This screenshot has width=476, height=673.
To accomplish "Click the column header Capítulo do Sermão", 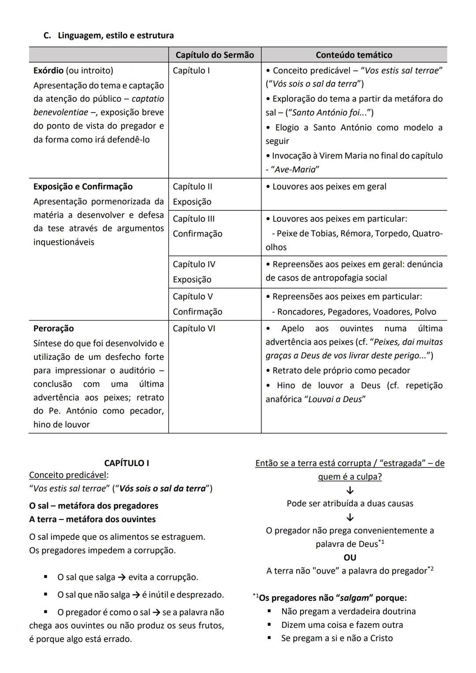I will (215, 55).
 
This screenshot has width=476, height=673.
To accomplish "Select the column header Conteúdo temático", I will (354, 55).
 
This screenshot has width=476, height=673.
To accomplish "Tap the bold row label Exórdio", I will (48, 71).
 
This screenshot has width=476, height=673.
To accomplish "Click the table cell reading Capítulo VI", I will (194, 329).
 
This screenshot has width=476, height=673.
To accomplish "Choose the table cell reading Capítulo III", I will (193, 219).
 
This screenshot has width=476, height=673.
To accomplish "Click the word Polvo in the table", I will (425, 312).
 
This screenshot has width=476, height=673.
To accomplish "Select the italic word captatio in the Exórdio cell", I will (148, 99).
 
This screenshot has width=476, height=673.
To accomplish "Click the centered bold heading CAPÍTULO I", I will (126, 463).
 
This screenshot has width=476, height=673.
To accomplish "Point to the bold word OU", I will (350, 557).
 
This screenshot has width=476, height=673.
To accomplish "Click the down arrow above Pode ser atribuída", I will (350, 490).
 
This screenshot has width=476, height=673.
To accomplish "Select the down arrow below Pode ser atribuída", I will (350, 517).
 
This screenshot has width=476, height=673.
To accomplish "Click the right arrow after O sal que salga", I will (122, 577).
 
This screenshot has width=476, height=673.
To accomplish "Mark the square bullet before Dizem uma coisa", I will (269, 625).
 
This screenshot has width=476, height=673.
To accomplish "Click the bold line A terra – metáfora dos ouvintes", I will (93, 519).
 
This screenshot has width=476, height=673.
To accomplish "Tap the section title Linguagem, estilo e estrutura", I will (115, 35).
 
